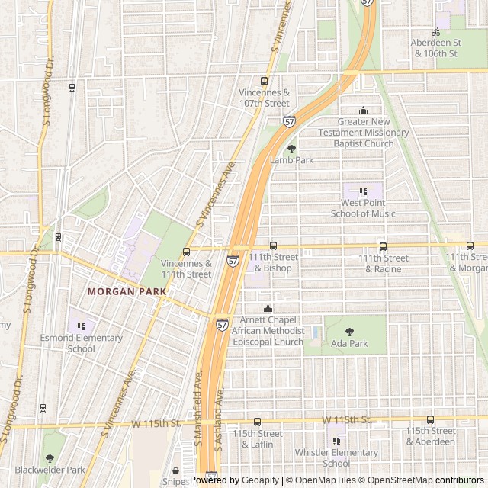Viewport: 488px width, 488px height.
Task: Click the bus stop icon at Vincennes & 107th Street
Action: tap(265, 82)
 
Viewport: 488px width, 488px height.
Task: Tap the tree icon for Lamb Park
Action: tap(291, 149)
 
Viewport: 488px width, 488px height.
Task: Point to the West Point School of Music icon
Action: tap(363, 191)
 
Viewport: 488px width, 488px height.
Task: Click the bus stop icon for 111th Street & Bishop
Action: tap(273, 246)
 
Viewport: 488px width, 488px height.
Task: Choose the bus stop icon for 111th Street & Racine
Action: tap(383, 246)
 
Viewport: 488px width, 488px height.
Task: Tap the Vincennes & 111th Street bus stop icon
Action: tap(186, 252)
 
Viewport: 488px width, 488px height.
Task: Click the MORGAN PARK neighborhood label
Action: tap(122, 291)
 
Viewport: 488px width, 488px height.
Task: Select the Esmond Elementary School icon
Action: tap(81, 326)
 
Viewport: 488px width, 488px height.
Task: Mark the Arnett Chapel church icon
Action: tap(268, 309)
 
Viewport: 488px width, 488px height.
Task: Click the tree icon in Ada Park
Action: tap(349, 332)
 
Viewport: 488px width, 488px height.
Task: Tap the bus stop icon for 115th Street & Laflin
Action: tap(257, 422)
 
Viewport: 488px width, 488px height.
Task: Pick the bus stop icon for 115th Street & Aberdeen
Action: tap(430, 419)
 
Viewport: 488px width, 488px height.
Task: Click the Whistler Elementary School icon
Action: tap(336, 441)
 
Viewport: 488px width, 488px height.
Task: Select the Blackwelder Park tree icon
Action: tap(50, 458)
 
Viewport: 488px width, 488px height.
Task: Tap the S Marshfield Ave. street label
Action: tap(198, 408)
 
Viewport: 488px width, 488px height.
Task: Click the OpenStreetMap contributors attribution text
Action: tap(435, 480)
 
